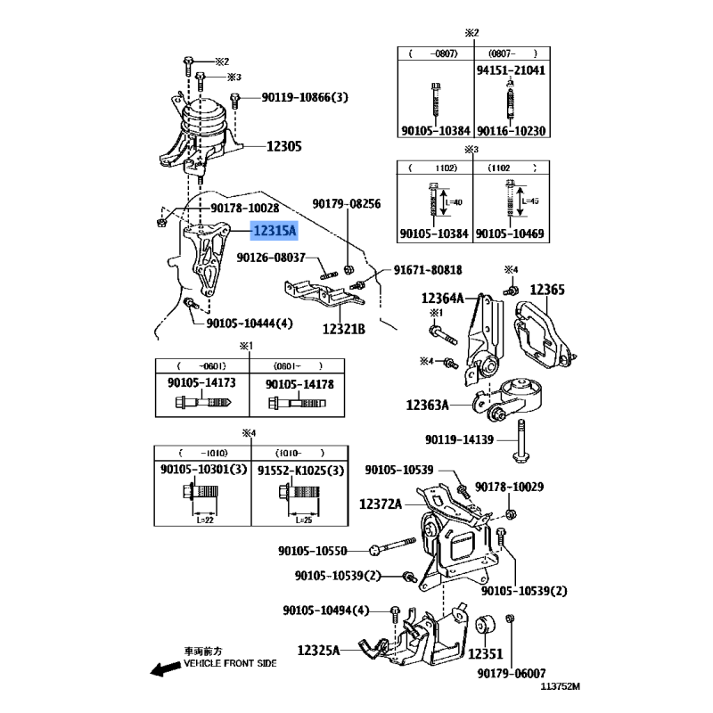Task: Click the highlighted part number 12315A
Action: pos(275,231)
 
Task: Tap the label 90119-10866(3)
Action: pos(304,97)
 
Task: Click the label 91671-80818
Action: pos(428,270)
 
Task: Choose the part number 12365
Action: pos(548,290)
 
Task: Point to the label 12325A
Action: pos(319,652)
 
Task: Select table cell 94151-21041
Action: pos(511,70)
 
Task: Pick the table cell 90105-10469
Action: pos(511,234)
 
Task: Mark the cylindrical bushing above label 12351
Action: pos(487,628)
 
